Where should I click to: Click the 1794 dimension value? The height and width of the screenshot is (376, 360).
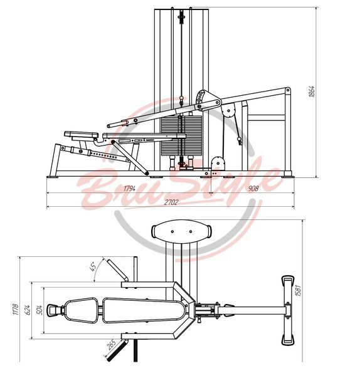click(129, 189)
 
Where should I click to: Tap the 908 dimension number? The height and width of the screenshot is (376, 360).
click(253, 189)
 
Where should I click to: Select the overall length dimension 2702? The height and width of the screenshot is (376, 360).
click(171, 202)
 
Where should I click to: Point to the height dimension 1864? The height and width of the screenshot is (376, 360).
click(312, 91)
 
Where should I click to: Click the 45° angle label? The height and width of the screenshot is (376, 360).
click(93, 266)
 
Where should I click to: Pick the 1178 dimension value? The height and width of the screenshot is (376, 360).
click(15, 310)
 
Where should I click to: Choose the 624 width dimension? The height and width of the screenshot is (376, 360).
click(27, 310)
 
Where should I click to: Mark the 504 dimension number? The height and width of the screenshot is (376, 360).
click(40, 310)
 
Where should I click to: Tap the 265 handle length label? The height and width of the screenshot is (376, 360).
click(112, 345)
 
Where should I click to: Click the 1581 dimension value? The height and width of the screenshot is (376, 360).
click(299, 290)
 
